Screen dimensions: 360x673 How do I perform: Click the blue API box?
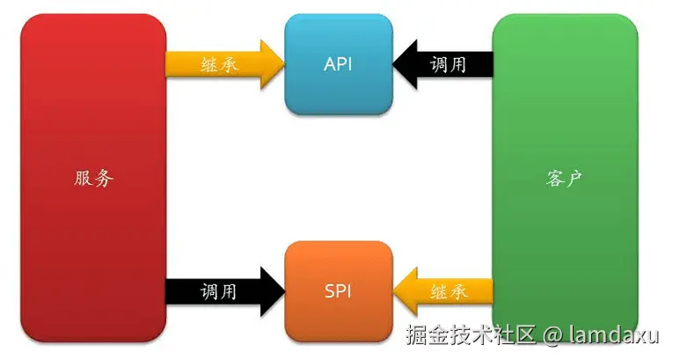pyautogui.click(x=339, y=63)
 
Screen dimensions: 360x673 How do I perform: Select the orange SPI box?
pyautogui.click(x=339, y=290)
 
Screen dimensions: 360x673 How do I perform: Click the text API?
pyautogui.click(x=339, y=64)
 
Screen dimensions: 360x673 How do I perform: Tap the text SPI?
pyautogui.click(x=339, y=290)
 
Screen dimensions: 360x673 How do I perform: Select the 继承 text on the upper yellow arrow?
pyautogui.click(x=219, y=65)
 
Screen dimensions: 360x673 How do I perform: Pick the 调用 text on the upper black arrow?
pyautogui.click(x=450, y=64)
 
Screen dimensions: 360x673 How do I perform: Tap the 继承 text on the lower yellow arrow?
pyautogui.click(x=450, y=290)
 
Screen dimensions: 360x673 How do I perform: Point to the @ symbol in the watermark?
pyautogui.click(x=552, y=335)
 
